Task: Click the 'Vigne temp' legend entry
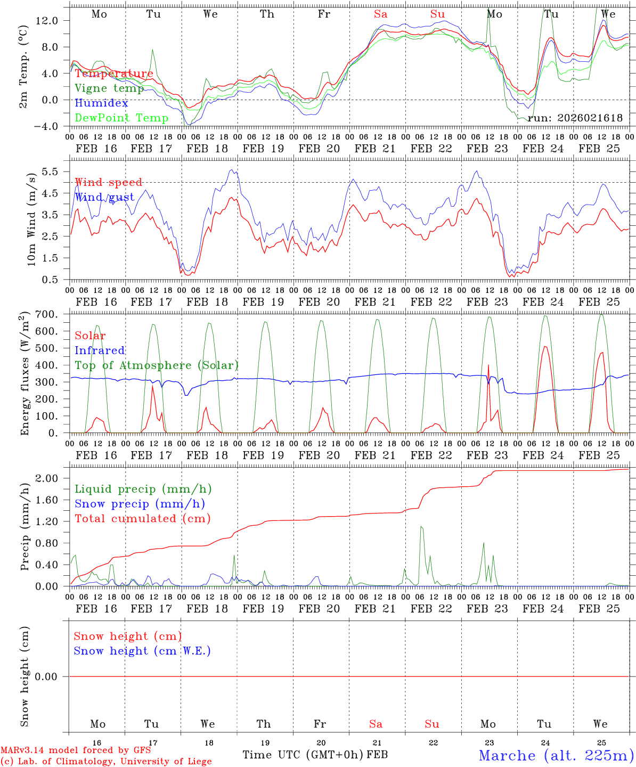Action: tap(109, 88)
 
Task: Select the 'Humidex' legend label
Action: tap(101, 103)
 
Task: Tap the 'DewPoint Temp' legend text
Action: tap(121, 118)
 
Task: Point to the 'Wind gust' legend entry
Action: tap(104, 198)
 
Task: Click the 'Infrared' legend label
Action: tap(100, 350)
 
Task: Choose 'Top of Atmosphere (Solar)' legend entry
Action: tap(157, 365)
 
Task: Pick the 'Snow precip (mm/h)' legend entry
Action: tap(140, 504)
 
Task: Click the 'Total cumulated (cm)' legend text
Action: tap(142, 519)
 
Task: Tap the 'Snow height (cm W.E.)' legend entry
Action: tap(142, 651)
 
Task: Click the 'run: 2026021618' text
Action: tap(575, 118)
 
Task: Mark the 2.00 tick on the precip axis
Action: tap(47, 478)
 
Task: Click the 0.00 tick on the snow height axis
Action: tap(47, 676)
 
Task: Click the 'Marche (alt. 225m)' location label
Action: tap(556, 755)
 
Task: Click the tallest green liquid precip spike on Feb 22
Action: tap(421, 527)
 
